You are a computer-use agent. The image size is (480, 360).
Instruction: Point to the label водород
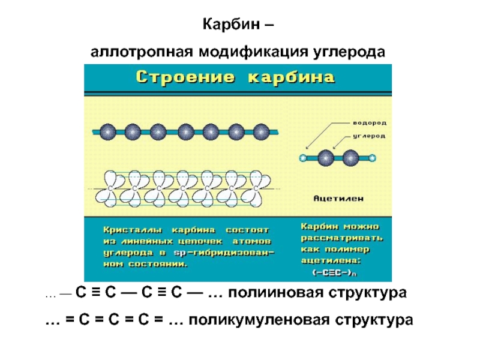tap(368, 122)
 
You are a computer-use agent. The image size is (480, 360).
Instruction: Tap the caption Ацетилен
tap(338, 197)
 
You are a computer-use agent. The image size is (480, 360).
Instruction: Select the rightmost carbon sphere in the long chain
tap(260, 131)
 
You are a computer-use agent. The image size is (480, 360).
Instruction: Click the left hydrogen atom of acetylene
tap(303, 158)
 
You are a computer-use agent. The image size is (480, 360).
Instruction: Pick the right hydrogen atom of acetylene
tap(373, 158)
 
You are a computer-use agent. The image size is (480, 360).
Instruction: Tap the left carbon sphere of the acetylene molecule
tap(325, 158)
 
